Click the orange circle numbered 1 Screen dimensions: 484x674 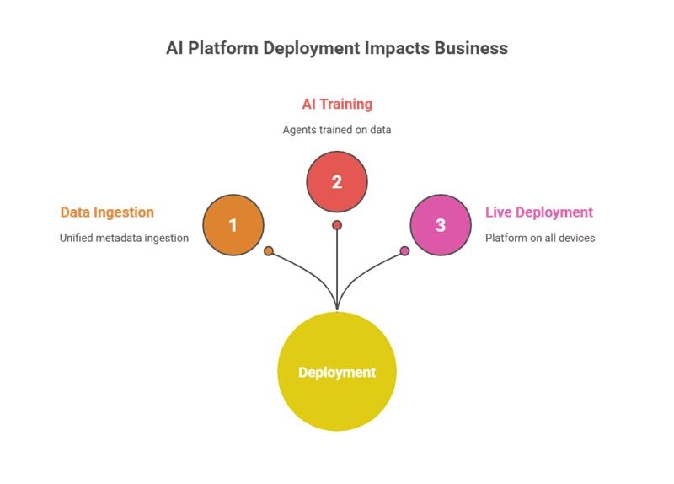(x=233, y=225)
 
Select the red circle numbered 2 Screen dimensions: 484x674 (x=337, y=181)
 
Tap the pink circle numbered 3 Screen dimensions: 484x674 (x=440, y=225)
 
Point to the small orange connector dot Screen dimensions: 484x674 (x=269, y=250)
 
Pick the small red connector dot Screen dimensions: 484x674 (x=337, y=225)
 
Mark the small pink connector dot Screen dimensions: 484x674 (x=404, y=250)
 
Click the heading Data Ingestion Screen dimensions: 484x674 (x=107, y=212)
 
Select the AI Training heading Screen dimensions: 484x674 (x=337, y=105)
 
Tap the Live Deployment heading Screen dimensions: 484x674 (x=539, y=212)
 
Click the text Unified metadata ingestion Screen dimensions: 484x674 (x=124, y=238)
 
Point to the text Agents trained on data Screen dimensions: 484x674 (x=337, y=130)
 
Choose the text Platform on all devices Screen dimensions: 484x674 (x=540, y=238)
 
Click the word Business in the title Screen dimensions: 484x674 (x=471, y=48)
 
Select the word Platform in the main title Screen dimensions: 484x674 (x=223, y=48)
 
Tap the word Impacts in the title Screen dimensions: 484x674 (x=397, y=48)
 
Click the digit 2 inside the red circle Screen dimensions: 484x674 (x=337, y=181)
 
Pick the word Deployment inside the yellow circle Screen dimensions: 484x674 (x=337, y=373)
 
